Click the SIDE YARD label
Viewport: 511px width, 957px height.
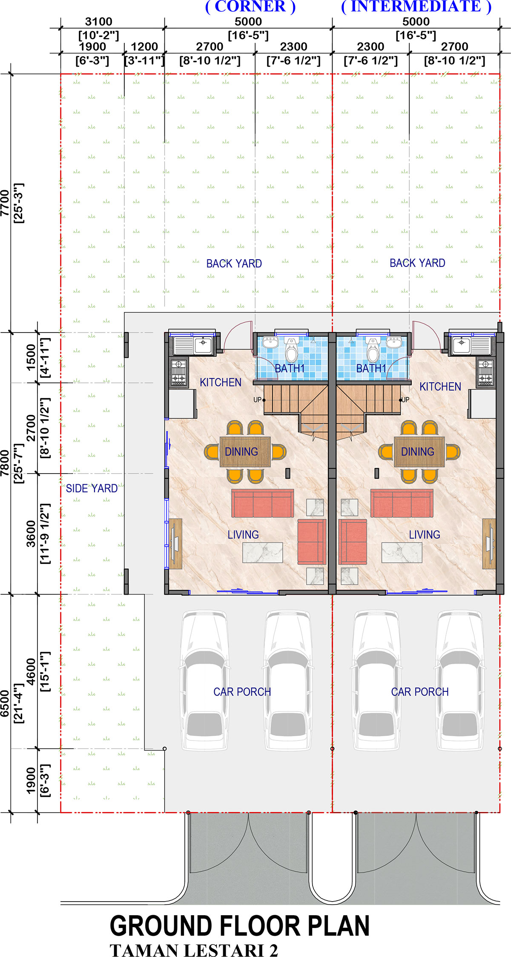coord(92,489)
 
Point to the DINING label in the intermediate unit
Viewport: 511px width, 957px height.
coord(418,451)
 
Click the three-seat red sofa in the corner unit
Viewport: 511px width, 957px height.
coord(263,503)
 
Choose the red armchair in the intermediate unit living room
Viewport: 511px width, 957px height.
coord(353,542)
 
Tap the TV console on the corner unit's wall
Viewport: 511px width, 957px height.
coord(175,544)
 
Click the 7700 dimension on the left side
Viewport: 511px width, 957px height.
coord(5,203)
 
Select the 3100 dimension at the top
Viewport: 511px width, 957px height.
coord(99,21)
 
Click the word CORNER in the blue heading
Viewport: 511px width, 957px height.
coord(250,7)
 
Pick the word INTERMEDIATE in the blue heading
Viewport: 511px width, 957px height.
coord(416,7)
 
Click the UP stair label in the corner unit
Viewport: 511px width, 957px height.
coord(257,400)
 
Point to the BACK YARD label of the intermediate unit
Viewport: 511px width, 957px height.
coord(417,263)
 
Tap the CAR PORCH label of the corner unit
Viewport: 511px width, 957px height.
coord(242,691)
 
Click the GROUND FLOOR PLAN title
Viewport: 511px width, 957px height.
coord(240,925)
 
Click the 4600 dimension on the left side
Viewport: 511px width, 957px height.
coord(31,671)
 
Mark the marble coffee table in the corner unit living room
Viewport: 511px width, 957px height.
coord(263,552)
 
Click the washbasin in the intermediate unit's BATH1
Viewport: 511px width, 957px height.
coord(394,342)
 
